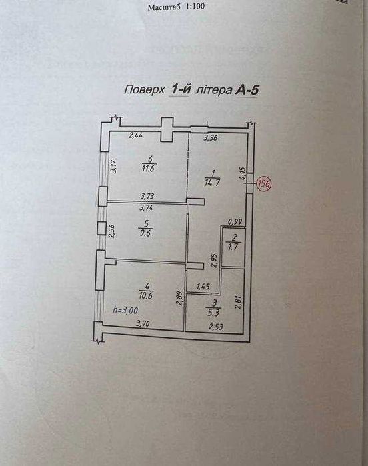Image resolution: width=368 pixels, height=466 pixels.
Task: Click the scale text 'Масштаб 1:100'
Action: (x=176, y=7)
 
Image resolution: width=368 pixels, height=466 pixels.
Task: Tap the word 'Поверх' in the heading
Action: (x=144, y=89)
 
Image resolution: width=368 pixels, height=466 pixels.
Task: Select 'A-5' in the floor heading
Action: (x=247, y=91)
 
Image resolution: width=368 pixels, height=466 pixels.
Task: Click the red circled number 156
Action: (x=264, y=183)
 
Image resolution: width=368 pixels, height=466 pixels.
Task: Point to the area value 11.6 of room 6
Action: (x=149, y=169)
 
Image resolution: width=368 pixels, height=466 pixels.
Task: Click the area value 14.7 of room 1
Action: (x=212, y=182)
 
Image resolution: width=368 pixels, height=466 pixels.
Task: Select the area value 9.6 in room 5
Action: (x=145, y=233)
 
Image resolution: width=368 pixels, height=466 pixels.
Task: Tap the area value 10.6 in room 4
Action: (x=145, y=296)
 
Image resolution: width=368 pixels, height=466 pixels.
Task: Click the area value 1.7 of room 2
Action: (x=233, y=247)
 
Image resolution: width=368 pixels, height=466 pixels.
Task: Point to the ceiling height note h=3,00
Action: (x=126, y=310)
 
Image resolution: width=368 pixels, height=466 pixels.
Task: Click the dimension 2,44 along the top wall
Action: (x=136, y=135)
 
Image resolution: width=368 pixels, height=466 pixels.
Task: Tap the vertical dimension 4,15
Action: (x=242, y=173)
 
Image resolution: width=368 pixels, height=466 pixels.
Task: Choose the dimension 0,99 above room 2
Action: (x=235, y=222)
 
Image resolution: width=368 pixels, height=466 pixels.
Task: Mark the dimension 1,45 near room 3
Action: (x=203, y=287)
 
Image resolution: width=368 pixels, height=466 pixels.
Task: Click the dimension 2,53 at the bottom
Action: (x=216, y=327)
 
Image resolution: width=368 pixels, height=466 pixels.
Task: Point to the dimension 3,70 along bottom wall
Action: (x=143, y=323)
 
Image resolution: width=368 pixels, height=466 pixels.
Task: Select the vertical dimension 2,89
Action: (x=179, y=299)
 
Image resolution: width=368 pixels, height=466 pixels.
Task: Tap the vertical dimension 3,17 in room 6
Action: (x=113, y=166)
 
